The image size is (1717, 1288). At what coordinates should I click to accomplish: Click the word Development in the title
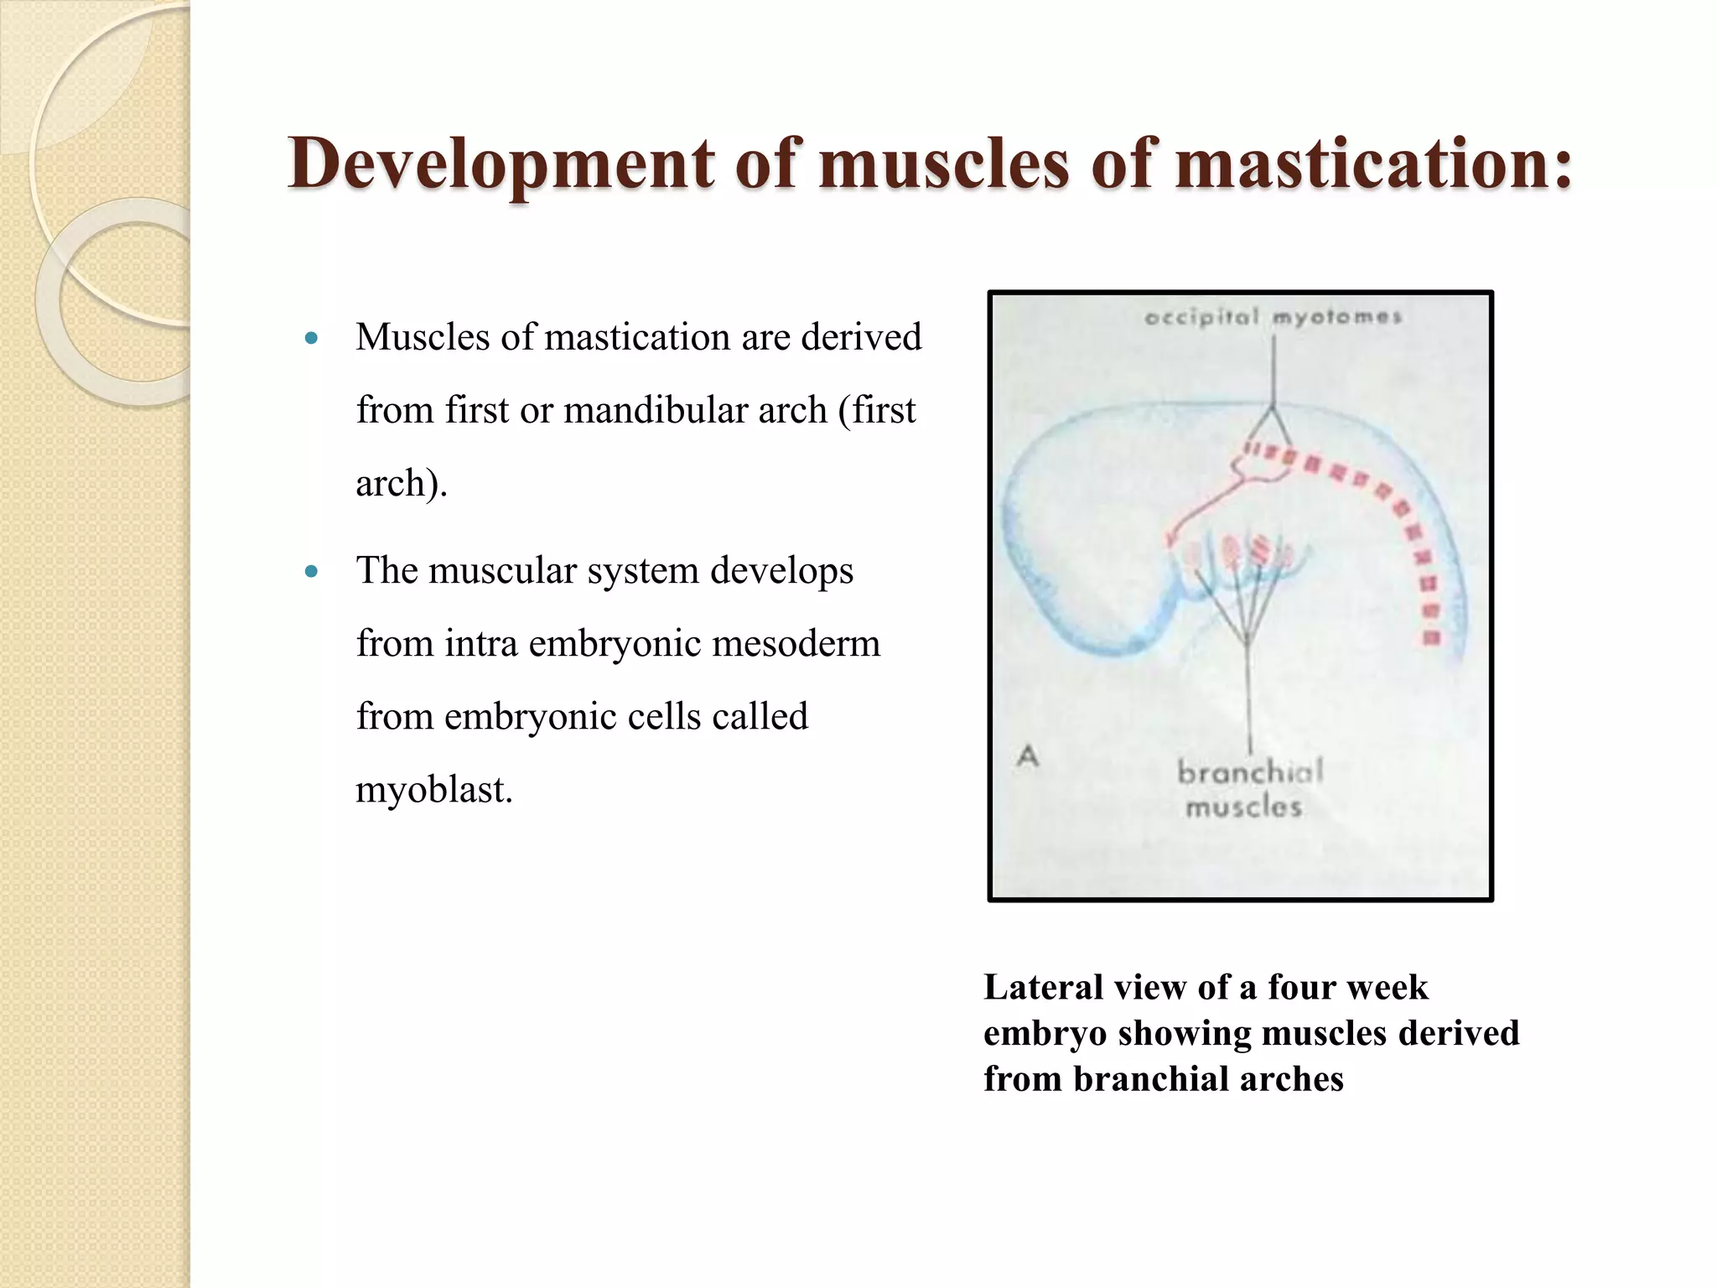pyautogui.click(x=500, y=164)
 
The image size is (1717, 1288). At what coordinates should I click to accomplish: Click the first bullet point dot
pyautogui.click(x=312, y=340)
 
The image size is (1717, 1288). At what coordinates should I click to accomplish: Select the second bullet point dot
pyautogui.click(x=312, y=573)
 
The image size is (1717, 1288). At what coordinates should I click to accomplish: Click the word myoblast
pyautogui.click(x=433, y=790)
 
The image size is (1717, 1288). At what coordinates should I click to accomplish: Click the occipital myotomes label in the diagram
pyautogui.click(x=1273, y=318)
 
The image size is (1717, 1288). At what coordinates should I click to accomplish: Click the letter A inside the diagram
pyautogui.click(x=1028, y=756)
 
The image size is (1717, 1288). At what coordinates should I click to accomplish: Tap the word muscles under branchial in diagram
pyautogui.click(x=1244, y=808)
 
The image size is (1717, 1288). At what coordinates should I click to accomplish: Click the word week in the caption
pyautogui.click(x=1388, y=987)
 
